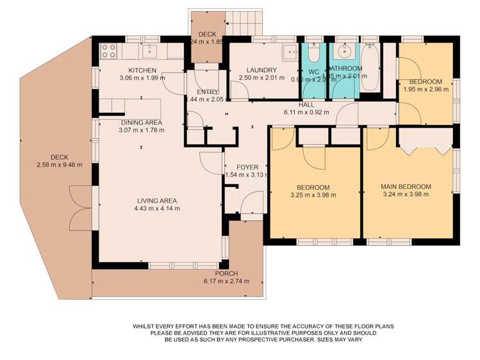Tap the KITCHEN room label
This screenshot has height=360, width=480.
(142, 70)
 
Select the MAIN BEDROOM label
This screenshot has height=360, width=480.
(406, 187)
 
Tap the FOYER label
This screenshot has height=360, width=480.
(247, 167)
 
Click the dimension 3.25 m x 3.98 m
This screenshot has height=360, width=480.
(313, 195)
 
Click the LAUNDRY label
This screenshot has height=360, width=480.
(261, 70)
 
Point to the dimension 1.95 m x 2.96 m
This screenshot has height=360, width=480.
(426, 89)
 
